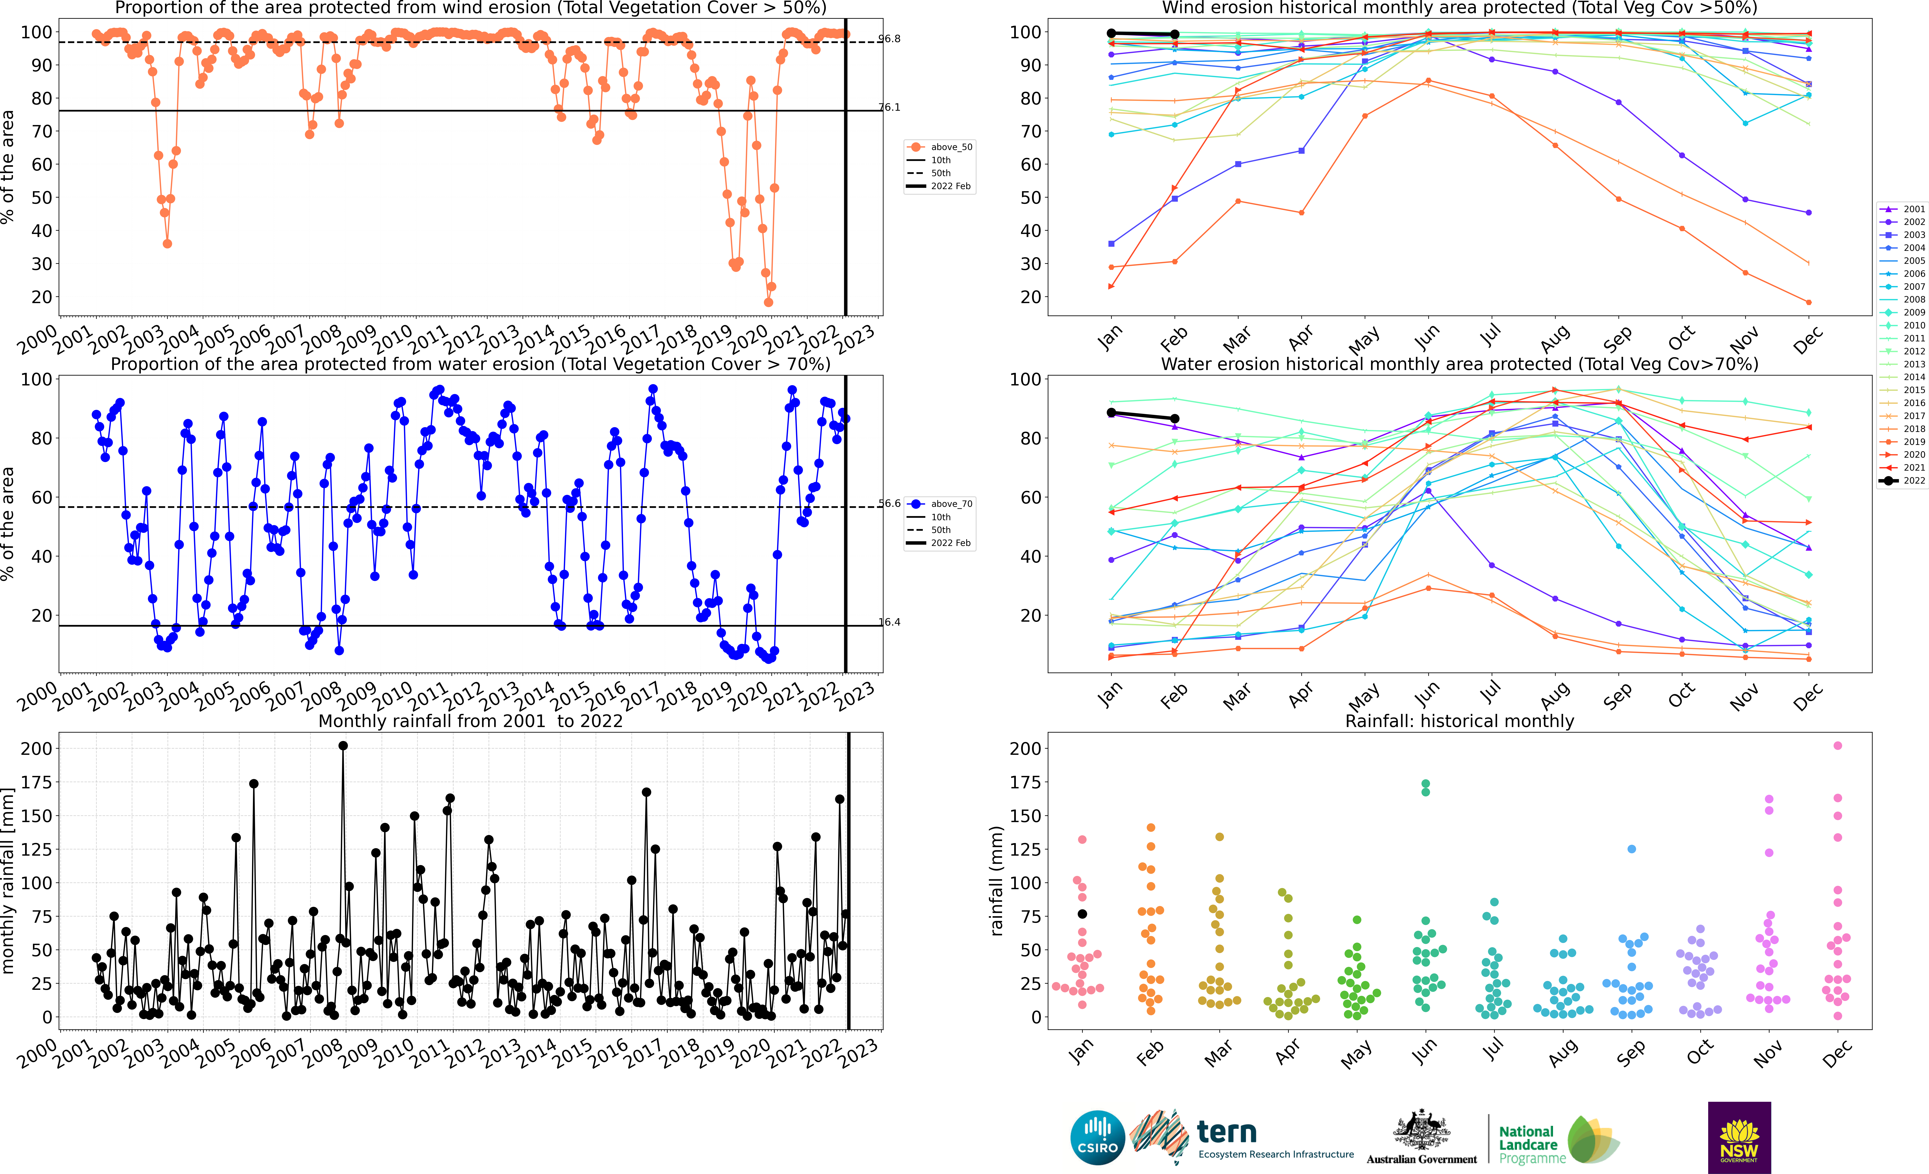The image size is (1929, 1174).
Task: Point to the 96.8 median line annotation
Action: [889, 38]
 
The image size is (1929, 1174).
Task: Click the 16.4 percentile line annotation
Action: [889, 622]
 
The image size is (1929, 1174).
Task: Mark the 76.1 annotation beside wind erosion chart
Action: [889, 107]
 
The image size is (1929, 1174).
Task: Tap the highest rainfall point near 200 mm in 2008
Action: [343, 746]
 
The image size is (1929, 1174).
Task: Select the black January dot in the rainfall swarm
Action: [1083, 914]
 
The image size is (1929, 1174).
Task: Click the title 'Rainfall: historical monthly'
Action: [1459, 721]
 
